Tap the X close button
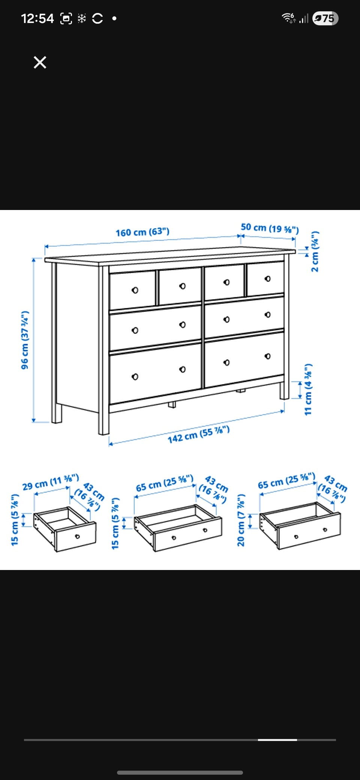pyautogui.click(x=40, y=62)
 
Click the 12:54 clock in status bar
pyautogui.click(x=37, y=18)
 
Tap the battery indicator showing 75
pyautogui.click(x=325, y=18)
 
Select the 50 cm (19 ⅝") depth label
pyautogui.click(x=270, y=228)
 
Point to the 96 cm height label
pyautogui.click(x=25, y=340)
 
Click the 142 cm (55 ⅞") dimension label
pyautogui.click(x=198, y=434)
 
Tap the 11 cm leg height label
pyautogui.click(x=308, y=389)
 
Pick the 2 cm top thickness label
pyautogui.click(x=315, y=251)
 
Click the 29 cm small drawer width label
pyautogui.click(x=51, y=482)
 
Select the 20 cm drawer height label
pyautogui.click(x=241, y=520)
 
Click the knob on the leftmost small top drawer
pyautogui.click(x=135, y=290)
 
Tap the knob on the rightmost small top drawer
pyautogui.click(x=267, y=279)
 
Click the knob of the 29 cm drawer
pyautogui.click(x=77, y=537)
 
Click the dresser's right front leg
pyautogui.click(x=284, y=390)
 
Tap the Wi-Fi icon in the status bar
pyautogui.click(x=288, y=18)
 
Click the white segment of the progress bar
pyautogui.click(x=277, y=740)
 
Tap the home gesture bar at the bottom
pyautogui.click(x=180, y=772)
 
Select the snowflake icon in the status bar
pyautogui.click(x=82, y=18)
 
